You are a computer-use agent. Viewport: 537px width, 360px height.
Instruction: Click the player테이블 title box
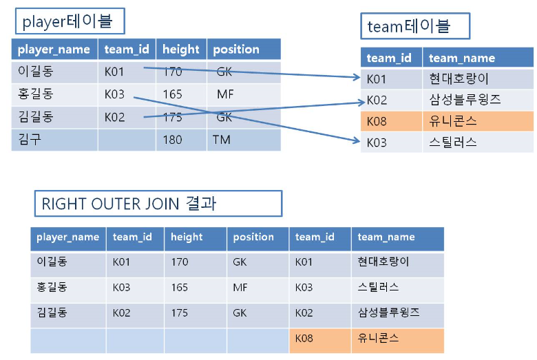click(x=71, y=22)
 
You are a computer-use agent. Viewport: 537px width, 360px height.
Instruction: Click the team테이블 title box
click(x=415, y=26)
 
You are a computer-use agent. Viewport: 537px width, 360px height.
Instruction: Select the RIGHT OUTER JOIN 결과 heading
click(x=158, y=204)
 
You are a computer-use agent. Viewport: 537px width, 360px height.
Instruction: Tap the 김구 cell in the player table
click(x=30, y=139)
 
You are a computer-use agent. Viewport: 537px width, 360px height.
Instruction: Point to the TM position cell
click(x=221, y=140)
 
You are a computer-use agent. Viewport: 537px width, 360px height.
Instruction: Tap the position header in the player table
click(x=236, y=50)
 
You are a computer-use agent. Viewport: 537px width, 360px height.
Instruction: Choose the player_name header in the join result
click(x=67, y=237)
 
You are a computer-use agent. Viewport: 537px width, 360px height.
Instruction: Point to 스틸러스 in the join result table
click(x=378, y=287)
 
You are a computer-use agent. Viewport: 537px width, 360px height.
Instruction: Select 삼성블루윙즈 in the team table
click(x=464, y=100)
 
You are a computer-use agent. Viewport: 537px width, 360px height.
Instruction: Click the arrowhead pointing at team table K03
click(x=357, y=142)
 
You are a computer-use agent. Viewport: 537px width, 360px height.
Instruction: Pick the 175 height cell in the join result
click(x=179, y=313)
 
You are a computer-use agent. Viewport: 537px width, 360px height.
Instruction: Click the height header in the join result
click(x=187, y=237)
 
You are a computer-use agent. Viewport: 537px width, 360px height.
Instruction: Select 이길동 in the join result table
click(x=52, y=262)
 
